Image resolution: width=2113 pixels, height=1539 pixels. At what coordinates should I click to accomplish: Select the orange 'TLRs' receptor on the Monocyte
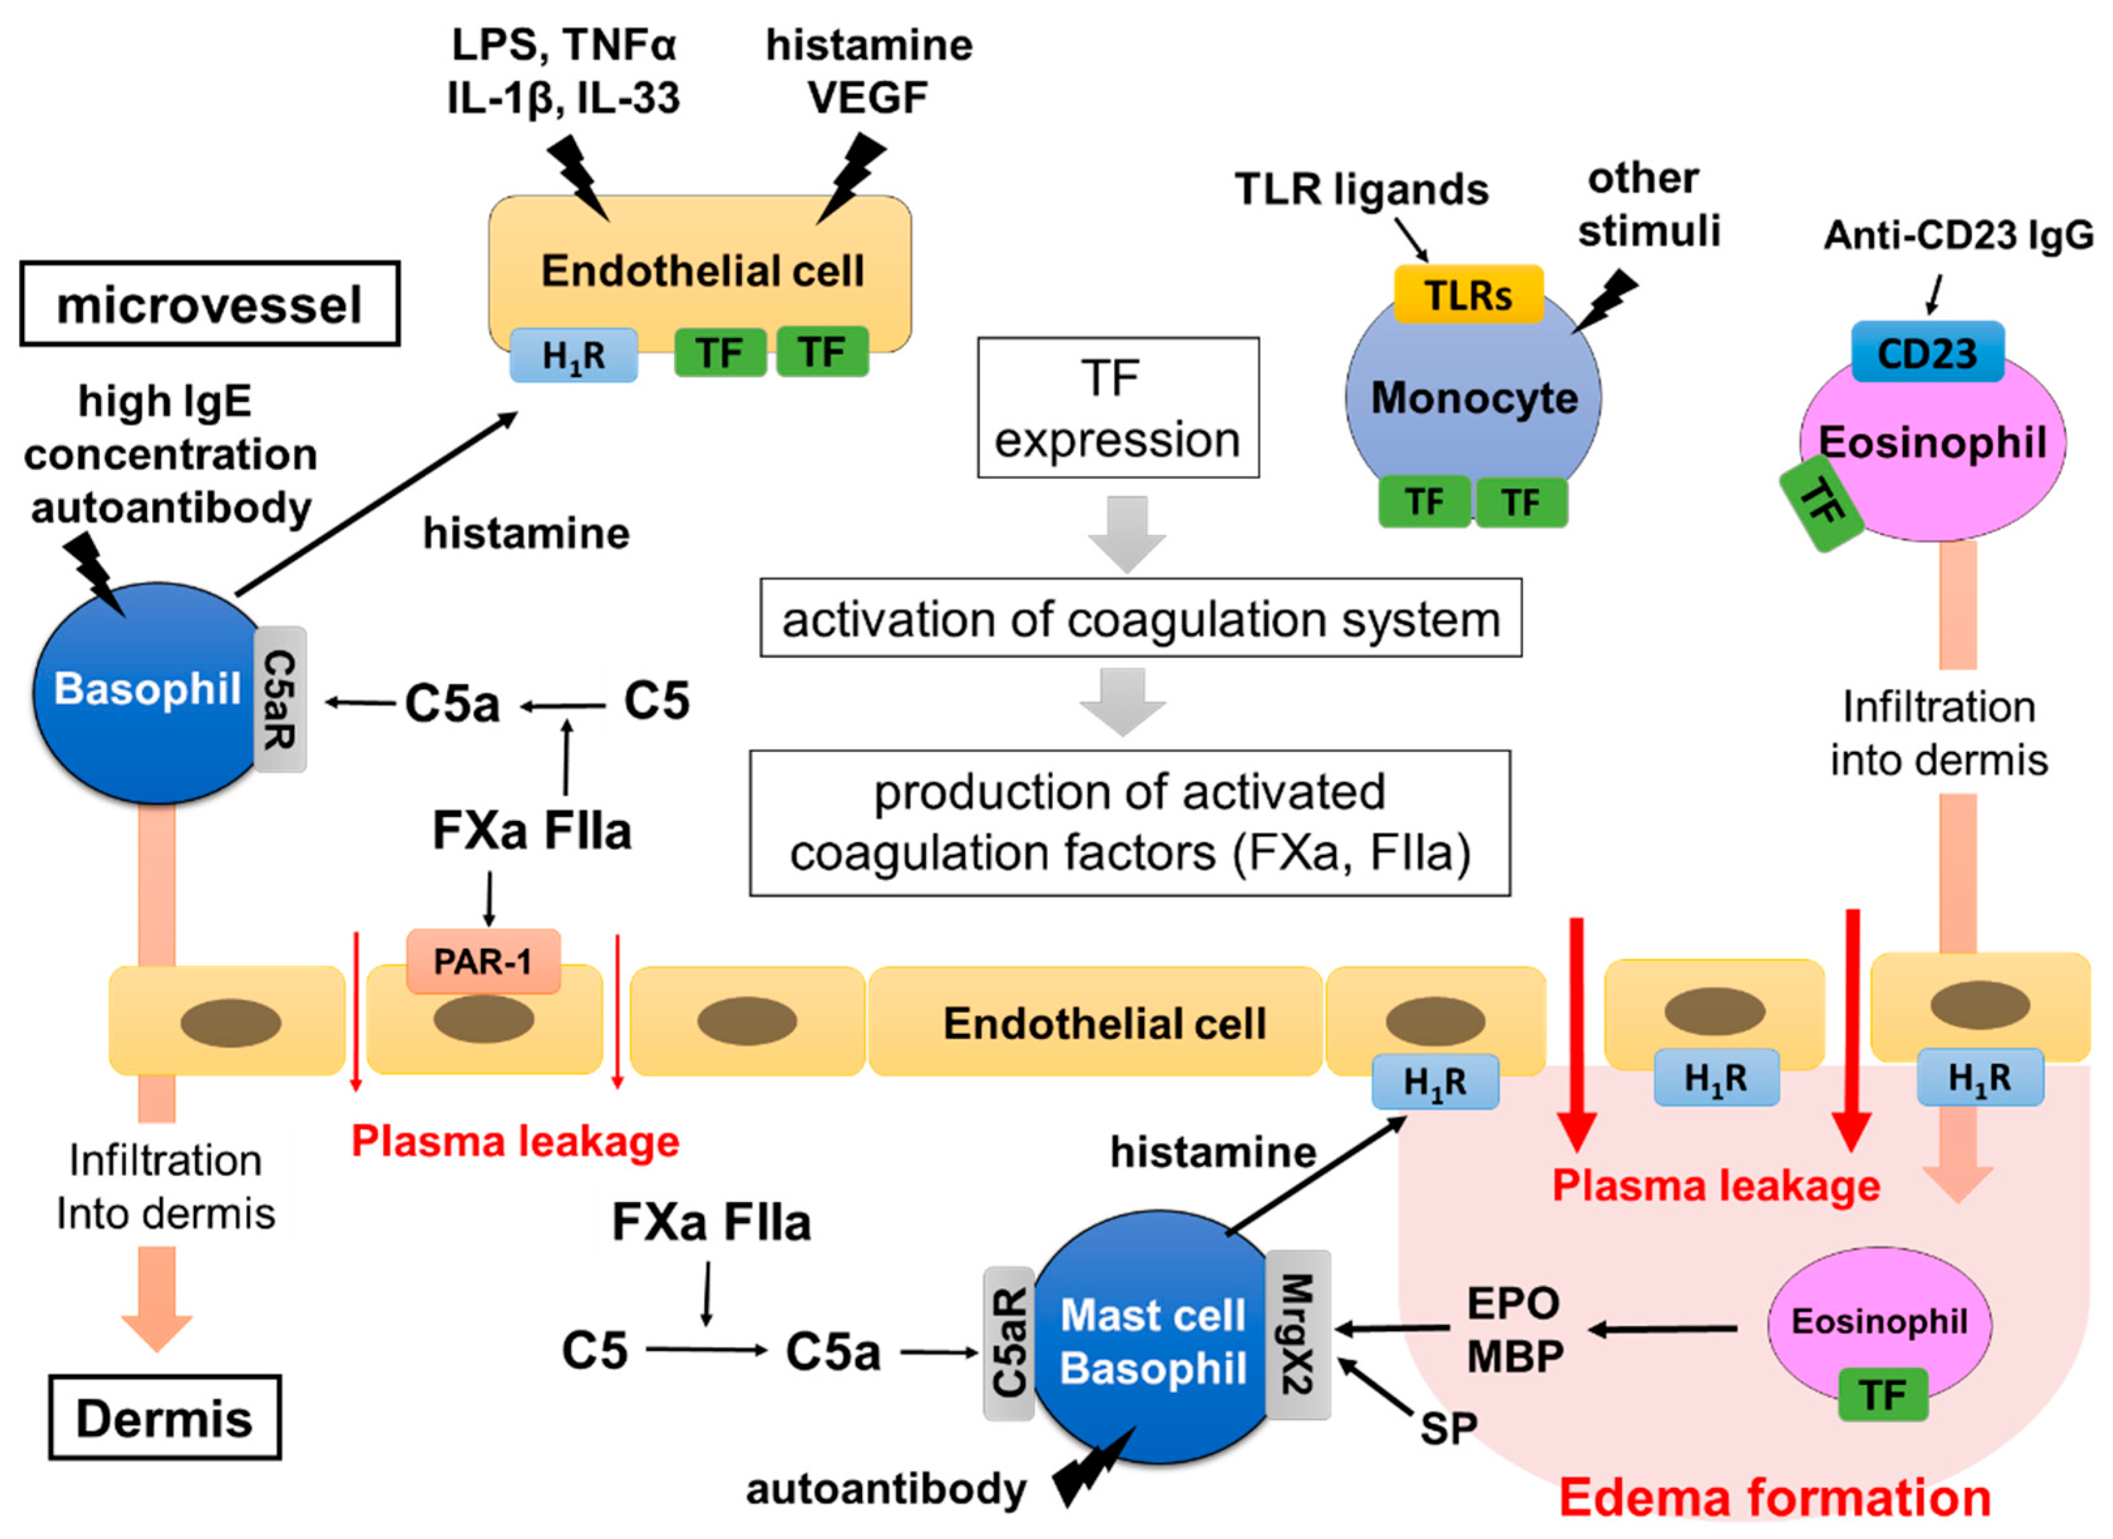[1468, 294]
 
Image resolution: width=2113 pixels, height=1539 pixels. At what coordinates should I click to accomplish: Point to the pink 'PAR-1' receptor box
[483, 961]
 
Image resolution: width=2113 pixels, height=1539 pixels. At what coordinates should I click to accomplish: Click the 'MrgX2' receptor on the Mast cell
[1298, 1334]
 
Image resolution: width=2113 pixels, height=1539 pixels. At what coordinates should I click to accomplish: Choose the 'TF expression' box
[1117, 408]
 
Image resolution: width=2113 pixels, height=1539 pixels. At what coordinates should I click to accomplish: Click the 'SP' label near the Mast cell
[1448, 1427]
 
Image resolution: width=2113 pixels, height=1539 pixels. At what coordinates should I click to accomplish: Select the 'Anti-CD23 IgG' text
[1958, 235]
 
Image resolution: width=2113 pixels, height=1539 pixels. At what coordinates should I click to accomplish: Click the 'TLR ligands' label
[1361, 189]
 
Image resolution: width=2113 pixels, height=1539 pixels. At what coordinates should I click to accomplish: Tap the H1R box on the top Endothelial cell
[573, 355]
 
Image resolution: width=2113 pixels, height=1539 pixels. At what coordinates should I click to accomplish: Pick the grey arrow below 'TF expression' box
[1126, 533]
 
